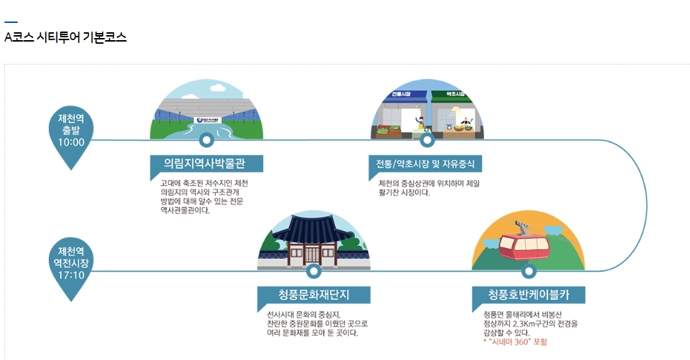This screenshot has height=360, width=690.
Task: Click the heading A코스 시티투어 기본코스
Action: (x=65, y=38)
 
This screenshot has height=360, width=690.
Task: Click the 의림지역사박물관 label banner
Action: (x=207, y=164)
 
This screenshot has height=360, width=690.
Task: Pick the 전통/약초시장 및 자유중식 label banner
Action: (x=425, y=164)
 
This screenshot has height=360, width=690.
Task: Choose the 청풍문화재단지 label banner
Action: (x=313, y=295)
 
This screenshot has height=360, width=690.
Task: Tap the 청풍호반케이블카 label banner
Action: (x=529, y=295)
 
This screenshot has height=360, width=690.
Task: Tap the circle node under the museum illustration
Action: (x=207, y=140)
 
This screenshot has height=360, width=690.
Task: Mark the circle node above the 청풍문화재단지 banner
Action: (x=313, y=271)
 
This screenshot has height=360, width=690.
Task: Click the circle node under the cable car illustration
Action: (x=529, y=271)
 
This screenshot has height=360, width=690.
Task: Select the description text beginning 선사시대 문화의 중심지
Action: (x=311, y=323)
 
